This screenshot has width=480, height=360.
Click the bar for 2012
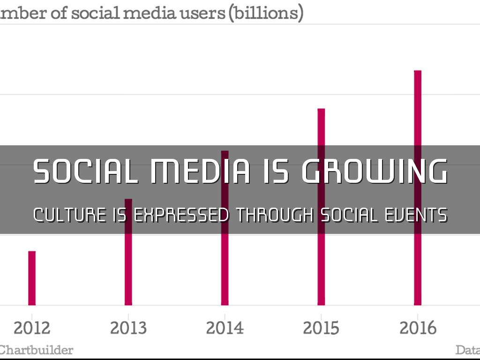[x=32, y=278]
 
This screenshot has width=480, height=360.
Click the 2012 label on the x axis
[x=32, y=328]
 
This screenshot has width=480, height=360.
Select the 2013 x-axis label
[x=128, y=328]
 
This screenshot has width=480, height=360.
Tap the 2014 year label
[x=225, y=328]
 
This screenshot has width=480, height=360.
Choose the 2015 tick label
[x=321, y=328]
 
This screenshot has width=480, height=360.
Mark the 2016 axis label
[x=418, y=328]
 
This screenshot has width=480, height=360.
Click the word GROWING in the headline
[x=374, y=171]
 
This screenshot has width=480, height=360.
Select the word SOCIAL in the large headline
[x=85, y=171]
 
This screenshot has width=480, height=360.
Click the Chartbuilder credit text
[x=37, y=350]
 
